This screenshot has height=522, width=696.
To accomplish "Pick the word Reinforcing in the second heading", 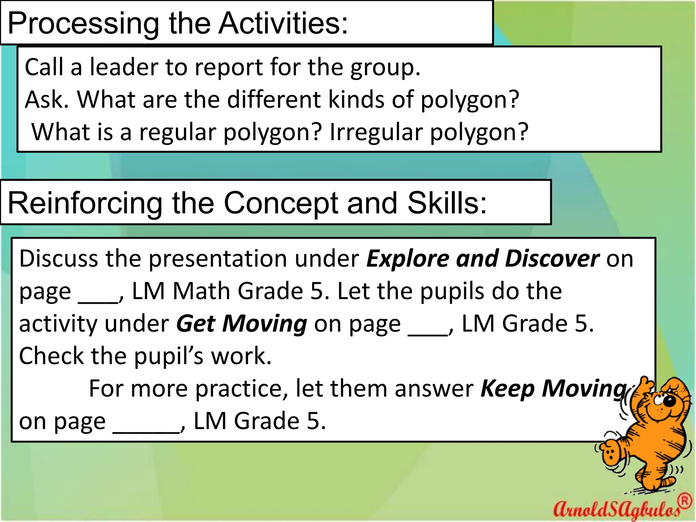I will tap(85, 203).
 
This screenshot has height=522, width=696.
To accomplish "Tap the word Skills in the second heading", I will tap(447, 203).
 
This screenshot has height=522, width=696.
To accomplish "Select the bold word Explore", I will tap(408, 259).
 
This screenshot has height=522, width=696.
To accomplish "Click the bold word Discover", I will tap(552, 259).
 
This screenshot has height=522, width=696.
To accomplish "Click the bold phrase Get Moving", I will tap(242, 324).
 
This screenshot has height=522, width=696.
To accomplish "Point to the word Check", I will tap(51, 356).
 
